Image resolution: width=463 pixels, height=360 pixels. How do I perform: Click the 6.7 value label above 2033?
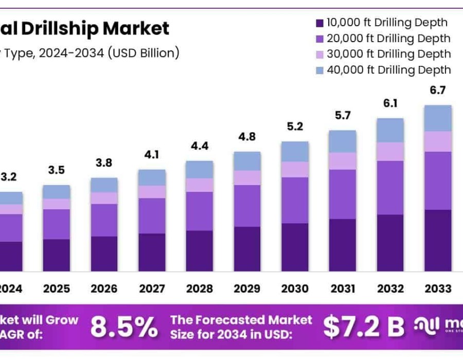(438, 91)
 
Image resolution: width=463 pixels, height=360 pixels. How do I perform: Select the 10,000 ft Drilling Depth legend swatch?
(319, 23)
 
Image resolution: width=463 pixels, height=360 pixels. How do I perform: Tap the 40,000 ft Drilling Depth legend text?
(388, 70)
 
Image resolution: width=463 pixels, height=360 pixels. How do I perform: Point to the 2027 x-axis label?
(152, 289)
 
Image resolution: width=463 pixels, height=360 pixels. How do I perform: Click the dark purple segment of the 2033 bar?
(438, 240)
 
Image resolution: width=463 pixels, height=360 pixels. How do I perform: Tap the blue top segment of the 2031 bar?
(343, 141)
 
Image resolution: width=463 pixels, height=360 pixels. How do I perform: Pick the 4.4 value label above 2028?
(200, 146)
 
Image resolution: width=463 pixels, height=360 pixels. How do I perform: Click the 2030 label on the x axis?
(295, 289)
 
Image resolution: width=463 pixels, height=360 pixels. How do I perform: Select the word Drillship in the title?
(70, 28)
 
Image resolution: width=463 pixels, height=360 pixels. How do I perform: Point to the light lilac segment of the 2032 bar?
(390, 152)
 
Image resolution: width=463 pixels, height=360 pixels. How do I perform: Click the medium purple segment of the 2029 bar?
(247, 206)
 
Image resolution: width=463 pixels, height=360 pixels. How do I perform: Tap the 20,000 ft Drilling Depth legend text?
(388, 39)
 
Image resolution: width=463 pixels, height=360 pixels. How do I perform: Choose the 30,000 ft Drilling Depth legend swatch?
(319, 55)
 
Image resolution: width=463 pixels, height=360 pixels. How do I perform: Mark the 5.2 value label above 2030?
(295, 127)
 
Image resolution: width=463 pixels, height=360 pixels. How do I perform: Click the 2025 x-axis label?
(57, 289)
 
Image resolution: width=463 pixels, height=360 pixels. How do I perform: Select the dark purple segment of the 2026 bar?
(104, 254)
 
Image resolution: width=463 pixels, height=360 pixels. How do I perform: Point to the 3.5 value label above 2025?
(57, 170)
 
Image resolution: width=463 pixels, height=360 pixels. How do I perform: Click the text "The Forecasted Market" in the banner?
(241, 320)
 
